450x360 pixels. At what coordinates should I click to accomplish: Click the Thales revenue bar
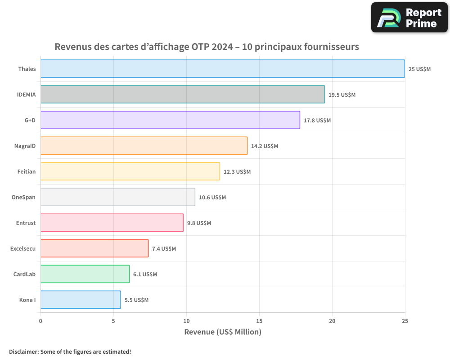point(223,69)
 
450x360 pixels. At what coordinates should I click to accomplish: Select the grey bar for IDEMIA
point(182,94)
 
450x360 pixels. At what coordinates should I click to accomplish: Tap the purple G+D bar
point(170,120)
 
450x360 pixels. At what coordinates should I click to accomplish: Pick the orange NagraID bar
point(144,146)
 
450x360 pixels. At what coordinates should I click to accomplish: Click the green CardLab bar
point(85,274)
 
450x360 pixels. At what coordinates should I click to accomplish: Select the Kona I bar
point(81,300)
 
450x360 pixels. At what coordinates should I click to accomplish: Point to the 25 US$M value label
point(419,69)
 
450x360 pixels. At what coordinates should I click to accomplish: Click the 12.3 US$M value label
point(237,172)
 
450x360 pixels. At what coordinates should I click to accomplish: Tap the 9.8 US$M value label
point(199,223)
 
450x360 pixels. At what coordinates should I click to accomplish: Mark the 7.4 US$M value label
point(164,249)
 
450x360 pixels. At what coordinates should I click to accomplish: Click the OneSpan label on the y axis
point(23,197)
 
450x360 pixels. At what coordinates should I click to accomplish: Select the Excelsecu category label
point(23,248)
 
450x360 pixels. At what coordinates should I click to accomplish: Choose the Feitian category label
point(27,171)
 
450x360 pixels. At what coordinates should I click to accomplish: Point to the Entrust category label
point(25,223)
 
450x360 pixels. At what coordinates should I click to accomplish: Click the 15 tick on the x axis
point(259,321)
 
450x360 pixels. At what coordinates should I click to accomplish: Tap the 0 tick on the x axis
point(40,321)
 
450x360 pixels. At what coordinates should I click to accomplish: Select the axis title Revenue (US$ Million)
point(223,332)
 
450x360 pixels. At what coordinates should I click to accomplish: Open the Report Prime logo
point(409,18)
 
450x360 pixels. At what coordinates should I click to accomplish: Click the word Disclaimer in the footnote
point(23,351)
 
